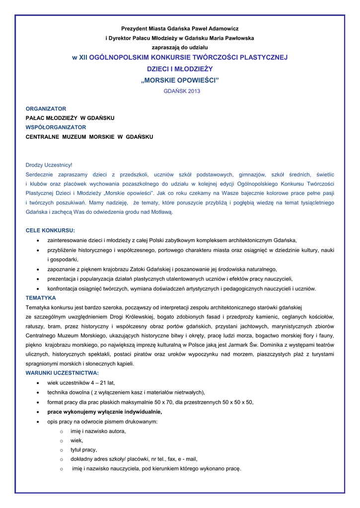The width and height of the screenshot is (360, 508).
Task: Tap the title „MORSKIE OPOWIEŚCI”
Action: click(180, 80)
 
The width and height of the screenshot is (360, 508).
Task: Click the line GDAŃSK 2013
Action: click(180, 91)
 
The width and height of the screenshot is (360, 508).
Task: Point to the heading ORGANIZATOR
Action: click(46, 109)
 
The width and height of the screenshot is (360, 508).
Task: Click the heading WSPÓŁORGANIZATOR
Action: click(56, 127)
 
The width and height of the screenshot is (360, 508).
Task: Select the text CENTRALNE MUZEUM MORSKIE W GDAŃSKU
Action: click(89, 136)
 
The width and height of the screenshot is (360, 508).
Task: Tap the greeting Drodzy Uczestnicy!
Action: click(49, 165)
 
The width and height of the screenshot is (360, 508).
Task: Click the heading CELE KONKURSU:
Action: click(50, 231)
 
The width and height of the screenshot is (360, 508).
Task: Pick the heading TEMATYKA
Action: click(41, 298)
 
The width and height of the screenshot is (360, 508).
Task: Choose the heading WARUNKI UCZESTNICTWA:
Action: click(62, 373)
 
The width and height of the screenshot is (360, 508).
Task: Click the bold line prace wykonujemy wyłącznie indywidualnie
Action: click(104, 412)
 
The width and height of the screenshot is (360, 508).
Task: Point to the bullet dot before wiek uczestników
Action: click(39, 383)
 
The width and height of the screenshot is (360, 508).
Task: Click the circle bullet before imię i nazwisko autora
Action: click(62, 432)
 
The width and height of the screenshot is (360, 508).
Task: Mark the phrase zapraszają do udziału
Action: click(180, 47)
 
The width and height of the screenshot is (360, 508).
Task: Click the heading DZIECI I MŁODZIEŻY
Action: click(180, 69)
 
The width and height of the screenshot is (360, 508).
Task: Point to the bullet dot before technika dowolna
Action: click(39, 393)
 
